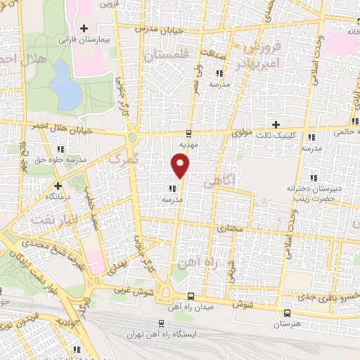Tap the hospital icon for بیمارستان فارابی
(84, 28)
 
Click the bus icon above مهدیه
(188, 132)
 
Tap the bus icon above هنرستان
(286, 313)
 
